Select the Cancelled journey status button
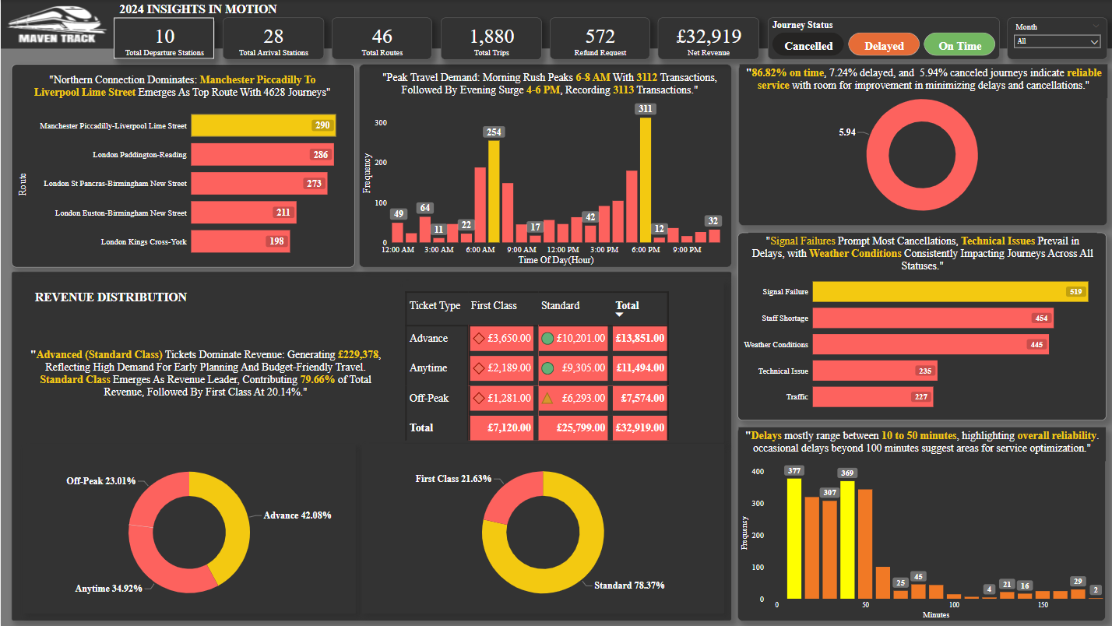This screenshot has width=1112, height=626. tap(808, 46)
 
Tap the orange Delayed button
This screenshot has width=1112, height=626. tap(884, 46)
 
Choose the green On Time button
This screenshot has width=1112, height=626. tap(959, 46)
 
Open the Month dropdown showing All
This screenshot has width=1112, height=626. tap(1057, 41)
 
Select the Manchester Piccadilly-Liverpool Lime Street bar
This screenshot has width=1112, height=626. tap(263, 125)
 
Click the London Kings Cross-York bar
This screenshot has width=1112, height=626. tap(240, 241)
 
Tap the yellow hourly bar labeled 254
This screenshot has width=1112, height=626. tap(494, 192)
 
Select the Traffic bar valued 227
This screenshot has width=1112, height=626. tap(872, 397)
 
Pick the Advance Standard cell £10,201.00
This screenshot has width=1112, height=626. tap(572, 339)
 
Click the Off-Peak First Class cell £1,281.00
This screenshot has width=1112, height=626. tap(501, 398)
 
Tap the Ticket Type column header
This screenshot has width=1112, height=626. tap(435, 305)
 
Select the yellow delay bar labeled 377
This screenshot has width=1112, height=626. tap(794, 537)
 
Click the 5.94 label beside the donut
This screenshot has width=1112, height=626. tap(846, 132)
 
